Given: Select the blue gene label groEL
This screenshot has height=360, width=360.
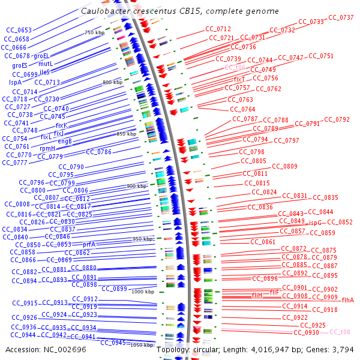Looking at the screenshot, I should pyautogui.click(x=41, y=56).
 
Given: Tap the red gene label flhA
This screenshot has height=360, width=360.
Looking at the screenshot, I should pyautogui.click(x=347, y=299).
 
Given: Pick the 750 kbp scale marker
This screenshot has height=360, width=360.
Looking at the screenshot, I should pyautogui.click(x=94, y=33).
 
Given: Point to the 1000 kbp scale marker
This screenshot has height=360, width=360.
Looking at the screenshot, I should pyautogui.click(x=143, y=292).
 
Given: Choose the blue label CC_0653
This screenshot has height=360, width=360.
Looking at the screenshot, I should pyautogui.click(x=19, y=30).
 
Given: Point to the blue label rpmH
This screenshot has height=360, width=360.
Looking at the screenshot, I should pyautogui.click(x=47, y=148).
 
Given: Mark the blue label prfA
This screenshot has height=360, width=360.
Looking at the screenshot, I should pyautogui.click(x=89, y=244).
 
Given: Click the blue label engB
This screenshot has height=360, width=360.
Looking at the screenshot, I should pyautogui.click(x=65, y=142).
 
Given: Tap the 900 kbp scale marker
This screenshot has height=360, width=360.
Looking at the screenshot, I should pyautogui.click(x=136, y=187).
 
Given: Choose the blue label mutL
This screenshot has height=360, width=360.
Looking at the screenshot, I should pyautogui.click(x=46, y=64).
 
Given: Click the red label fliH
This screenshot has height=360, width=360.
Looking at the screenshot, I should pyautogui.click(x=257, y=295).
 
